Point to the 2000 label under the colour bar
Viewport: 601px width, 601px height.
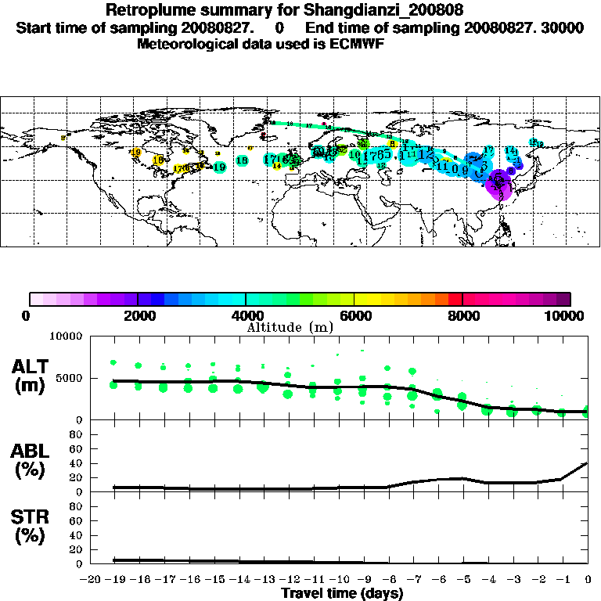138,316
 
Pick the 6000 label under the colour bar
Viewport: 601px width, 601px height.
354,316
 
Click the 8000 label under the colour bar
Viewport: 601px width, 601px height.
462,316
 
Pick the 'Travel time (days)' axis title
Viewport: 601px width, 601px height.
342,593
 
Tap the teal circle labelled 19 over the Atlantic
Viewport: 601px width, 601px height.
219,167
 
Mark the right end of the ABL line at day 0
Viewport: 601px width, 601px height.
588,462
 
